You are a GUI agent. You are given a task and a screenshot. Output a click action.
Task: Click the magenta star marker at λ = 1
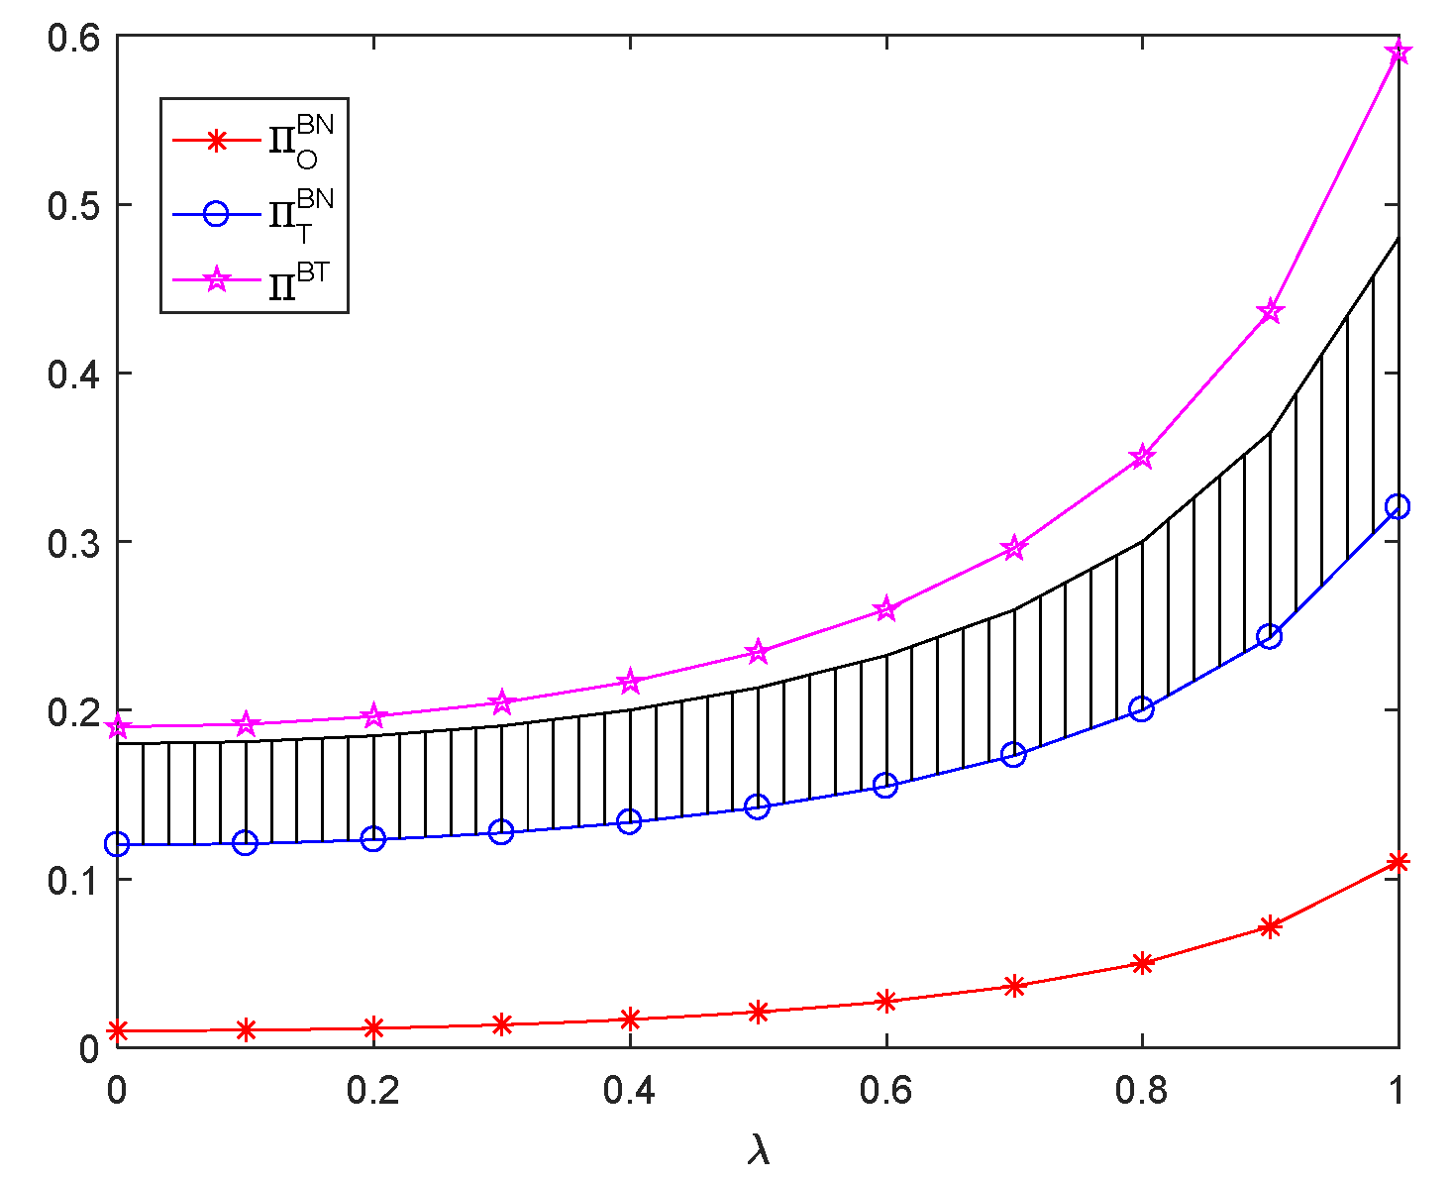coord(1398,52)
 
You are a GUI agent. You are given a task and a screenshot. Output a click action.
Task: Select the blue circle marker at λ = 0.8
coord(1141,709)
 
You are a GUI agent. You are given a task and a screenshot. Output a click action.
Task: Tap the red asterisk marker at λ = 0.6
coord(885,1002)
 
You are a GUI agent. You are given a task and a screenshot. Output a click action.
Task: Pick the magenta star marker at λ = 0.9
coord(1270,312)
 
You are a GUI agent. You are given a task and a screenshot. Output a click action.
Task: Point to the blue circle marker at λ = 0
coord(118,844)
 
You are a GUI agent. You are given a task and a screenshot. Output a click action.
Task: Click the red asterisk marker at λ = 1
coord(1398,862)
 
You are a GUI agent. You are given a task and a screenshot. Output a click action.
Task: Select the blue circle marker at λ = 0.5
coord(758,806)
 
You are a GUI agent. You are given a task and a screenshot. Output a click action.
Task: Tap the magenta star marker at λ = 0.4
coord(630,682)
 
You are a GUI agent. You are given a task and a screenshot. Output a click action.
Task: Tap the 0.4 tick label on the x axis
coord(629,1091)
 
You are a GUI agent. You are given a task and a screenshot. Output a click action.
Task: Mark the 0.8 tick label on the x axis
coord(1141,1091)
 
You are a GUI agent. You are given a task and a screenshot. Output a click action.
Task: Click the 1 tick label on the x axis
coord(1398,1091)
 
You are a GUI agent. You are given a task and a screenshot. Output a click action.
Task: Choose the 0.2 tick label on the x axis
coord(372,1091)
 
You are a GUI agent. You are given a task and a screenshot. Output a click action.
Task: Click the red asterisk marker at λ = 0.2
coord(373,1027)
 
